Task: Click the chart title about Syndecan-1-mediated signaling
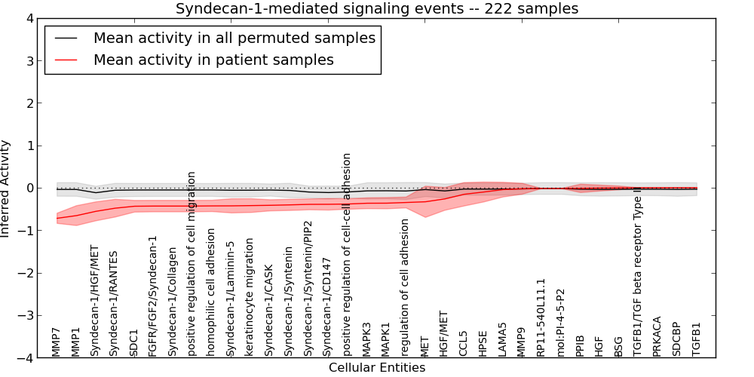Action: click(x=377, y=9)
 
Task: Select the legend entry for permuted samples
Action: click(x=234, y=38)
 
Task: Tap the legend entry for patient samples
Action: click(x=213, y=60)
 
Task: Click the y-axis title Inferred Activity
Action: click(x=6, y=188)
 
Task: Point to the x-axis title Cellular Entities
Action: click(x=377, y=368)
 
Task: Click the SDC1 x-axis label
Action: click(x=134, y=342)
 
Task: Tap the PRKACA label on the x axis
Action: click(x=657, y=336)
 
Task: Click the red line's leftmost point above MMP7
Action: click(x=57, y=219)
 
